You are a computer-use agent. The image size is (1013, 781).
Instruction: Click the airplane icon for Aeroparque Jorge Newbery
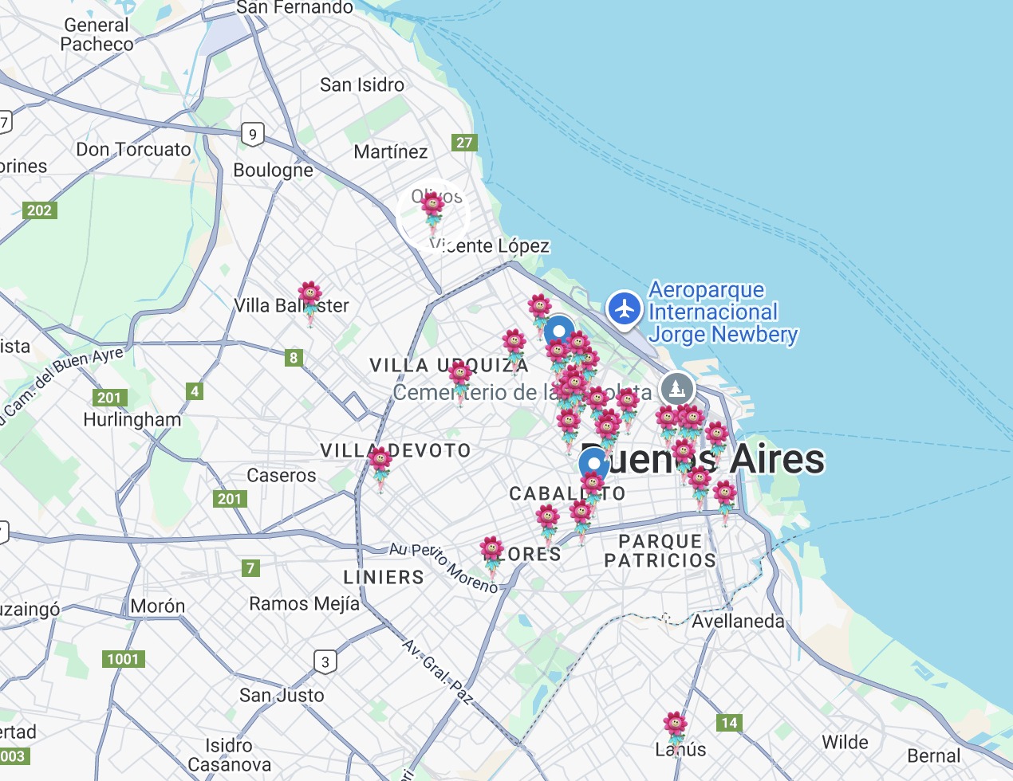[x=625, y=308]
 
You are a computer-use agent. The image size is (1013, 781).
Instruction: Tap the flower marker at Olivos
[x=433, y=210]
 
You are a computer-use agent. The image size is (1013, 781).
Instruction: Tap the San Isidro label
[x=361, y=85]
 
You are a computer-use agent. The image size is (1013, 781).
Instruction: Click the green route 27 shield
[x=464, y=143]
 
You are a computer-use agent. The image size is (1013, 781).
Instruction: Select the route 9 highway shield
[x=253, y=135]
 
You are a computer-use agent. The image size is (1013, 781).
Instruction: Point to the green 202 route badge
[x=39, y=210]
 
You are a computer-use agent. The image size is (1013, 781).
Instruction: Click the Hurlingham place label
[x=132, y=420]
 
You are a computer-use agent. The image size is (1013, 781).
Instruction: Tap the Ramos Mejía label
[x=304, y=604]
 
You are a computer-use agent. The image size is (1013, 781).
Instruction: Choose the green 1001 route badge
[x=123, y=659]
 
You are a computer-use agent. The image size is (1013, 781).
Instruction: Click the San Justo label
[x=282, y=696]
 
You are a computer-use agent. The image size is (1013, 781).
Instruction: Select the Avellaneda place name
[x=738, y=622]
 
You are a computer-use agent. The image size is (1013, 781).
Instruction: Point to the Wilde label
[x=845, y=743]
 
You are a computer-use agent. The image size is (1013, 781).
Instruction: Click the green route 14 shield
[x=729, y=723]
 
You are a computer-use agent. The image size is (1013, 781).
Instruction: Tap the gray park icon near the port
[x=677, y=389]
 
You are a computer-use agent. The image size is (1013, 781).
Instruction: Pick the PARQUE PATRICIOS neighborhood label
[x=660, y=551]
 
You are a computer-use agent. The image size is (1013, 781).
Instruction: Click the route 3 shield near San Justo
[x=325, y=662]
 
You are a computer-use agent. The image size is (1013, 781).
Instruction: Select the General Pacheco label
[x=97, y=35]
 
